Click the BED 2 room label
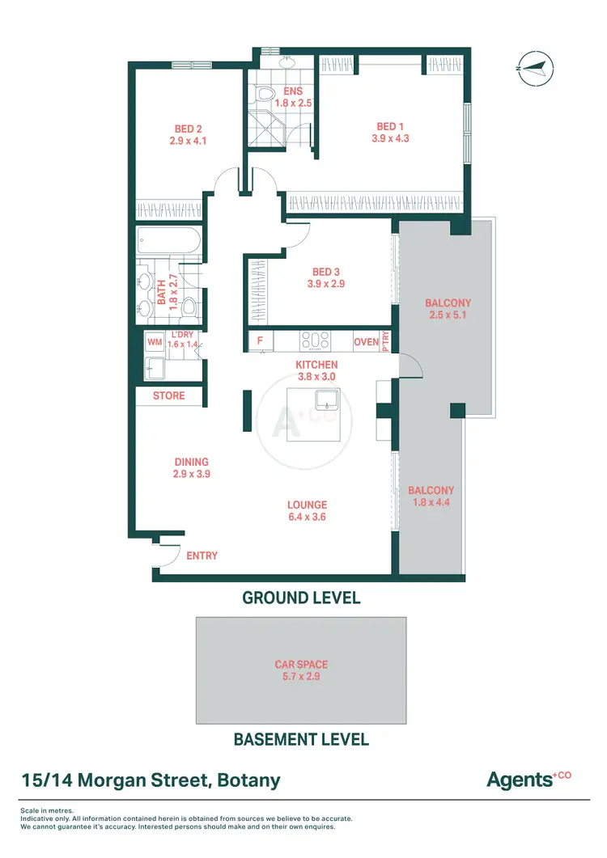(x=189, y=129)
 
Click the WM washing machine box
(x=154, y=342)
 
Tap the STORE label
(x=168, y=395)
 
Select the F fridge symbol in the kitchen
(x=260, y=341)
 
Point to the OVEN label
(x=366, y=342)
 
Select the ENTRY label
(x=202, y=556)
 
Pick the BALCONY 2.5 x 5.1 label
(x=448, y=310)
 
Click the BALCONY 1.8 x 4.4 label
(x=431, y=496)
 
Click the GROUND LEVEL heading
(x=301, y=598)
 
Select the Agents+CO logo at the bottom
(x=528, y=780)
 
